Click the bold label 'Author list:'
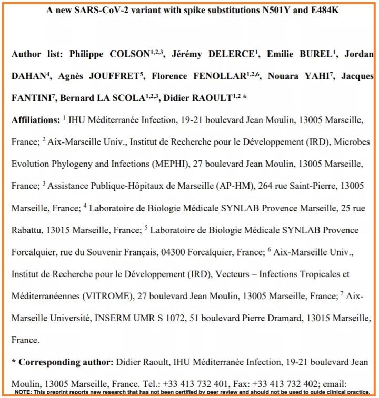[x=36, y=55]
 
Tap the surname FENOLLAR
[x=221, y=76]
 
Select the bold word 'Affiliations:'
[x=36, y=120]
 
